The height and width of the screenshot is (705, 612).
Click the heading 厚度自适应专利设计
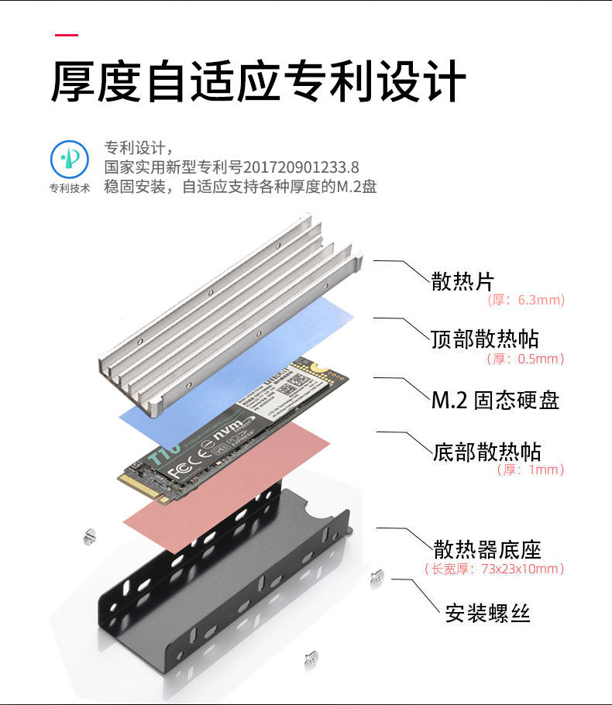pos(258,82)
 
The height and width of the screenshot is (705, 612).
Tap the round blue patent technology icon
pos(70,159)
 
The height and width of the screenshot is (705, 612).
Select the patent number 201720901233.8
pos(301,167)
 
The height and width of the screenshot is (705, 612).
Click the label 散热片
pos(462,281)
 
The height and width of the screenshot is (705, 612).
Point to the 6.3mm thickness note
pos(526,300)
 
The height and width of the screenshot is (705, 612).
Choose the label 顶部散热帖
pos(485,339)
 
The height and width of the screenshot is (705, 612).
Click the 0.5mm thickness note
pos(526,359)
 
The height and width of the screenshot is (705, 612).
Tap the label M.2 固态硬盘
pos(495,400)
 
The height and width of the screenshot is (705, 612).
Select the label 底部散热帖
pos(487,452)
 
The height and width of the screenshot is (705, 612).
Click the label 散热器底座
pos(487,550)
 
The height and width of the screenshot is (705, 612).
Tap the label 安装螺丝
pos(488,613)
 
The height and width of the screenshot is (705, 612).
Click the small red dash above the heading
pos(67,36)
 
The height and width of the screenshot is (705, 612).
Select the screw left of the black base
pos(88,535)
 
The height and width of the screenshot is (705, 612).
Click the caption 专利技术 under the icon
pos(70,188)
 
